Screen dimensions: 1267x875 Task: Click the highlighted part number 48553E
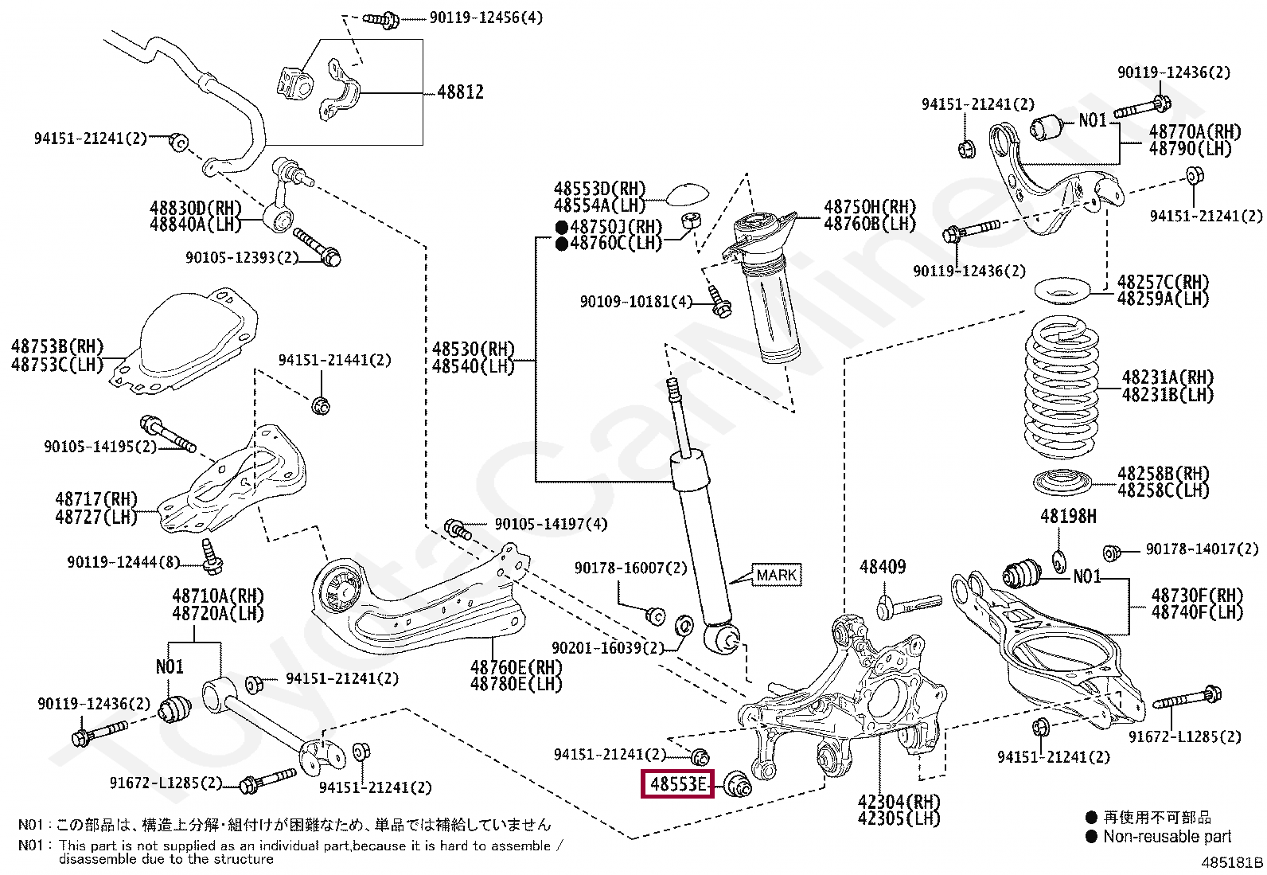tap(677, 784)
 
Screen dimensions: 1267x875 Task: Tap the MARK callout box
tap(776, 575)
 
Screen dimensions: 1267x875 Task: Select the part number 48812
tap(461, 92)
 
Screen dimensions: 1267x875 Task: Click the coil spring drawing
tap(1062, 388)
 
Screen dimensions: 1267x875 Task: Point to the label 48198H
tap(1069, 516)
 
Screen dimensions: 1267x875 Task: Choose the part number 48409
tap(883, 567)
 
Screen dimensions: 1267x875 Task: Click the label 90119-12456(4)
tap(486, 18)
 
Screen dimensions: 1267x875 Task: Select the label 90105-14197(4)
tap(551, 524)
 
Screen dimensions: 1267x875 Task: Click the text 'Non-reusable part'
tap(1168, 837)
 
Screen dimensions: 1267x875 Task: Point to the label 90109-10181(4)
tap(637, 302)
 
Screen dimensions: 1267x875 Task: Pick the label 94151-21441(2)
tap(335, 360)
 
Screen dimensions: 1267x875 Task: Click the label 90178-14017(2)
tap(1203, 549)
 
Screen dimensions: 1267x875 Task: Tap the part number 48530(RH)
tap(474, 349)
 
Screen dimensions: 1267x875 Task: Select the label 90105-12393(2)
tap(242, 257)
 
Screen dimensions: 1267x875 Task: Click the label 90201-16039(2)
tap(608, 647)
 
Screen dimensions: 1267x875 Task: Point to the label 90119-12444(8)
tap(123, 562)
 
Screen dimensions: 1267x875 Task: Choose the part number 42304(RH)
tap(899, 802)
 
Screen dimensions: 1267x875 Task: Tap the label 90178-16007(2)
tap(630, 568)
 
